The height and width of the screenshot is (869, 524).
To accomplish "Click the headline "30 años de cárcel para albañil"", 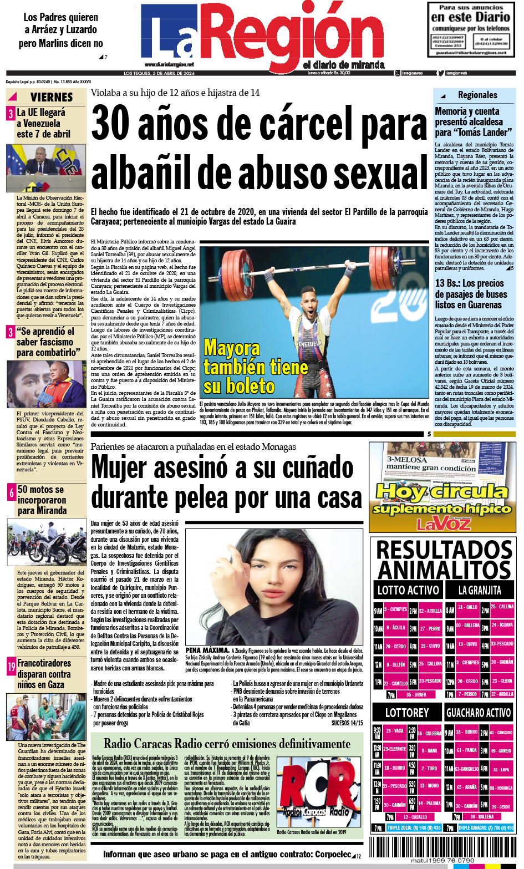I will tap(260, 148).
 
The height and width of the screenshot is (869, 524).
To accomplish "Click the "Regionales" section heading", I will tap(477, 95).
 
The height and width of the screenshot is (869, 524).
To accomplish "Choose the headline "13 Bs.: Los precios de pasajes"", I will tap(471, 294).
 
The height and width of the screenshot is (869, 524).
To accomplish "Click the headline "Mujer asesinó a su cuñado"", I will tap(226, 482).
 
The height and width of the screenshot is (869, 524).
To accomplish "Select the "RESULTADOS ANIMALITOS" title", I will tap(444, 560).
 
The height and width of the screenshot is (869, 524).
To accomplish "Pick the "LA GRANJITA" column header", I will tap(480, 590).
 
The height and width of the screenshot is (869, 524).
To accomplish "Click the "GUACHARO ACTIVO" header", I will tap(479, 713).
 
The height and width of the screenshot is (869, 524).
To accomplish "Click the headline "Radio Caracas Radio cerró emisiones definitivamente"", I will tap(227, 743).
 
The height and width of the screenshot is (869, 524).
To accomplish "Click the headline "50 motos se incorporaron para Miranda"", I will tap(42, 500).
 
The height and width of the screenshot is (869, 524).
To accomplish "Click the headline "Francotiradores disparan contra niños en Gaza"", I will tap(44, 674).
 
